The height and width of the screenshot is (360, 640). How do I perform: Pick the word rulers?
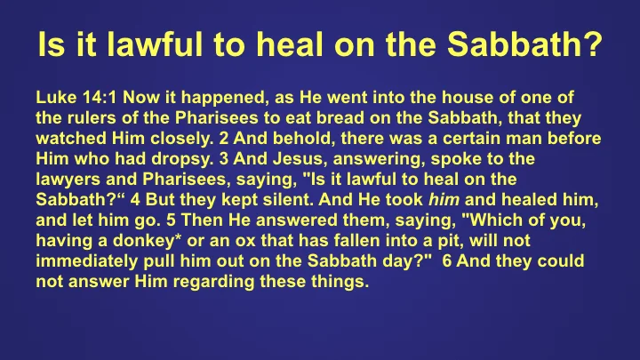click(x=85, y=117)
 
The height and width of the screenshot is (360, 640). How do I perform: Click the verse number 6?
click(x=446, y=269)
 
